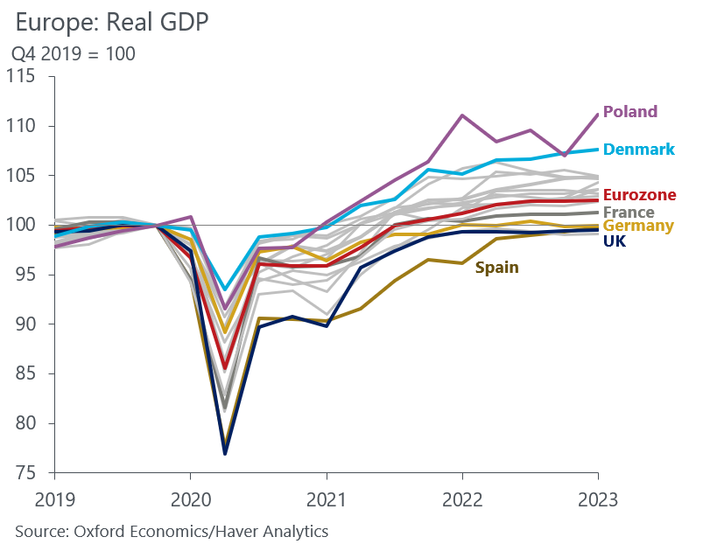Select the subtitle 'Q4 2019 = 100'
(x=73, y=54)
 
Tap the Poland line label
(x=629, y=112)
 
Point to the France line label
(x=628, y=212)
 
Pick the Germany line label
(x=638, y=226)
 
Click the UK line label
(x=615, y=240)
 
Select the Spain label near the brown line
(x=496, y=268)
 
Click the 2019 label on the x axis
(x=54, y=499)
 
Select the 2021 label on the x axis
(x=327, y=499)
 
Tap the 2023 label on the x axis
(x=598, y=499)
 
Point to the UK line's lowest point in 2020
(x=225, y=454)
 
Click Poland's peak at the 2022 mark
(x=462, y=115)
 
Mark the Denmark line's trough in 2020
(x=225, y=289)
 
